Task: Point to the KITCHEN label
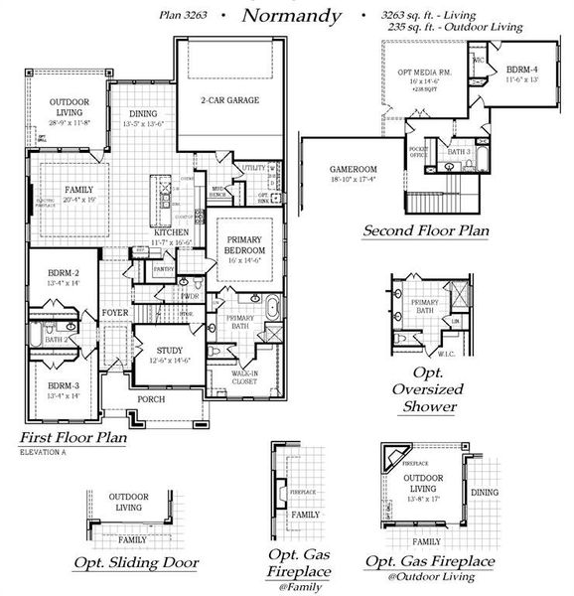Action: point(171,231)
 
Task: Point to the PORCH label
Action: point(151,399)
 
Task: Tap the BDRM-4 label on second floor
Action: point(522,71)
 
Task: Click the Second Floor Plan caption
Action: point(426,230)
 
